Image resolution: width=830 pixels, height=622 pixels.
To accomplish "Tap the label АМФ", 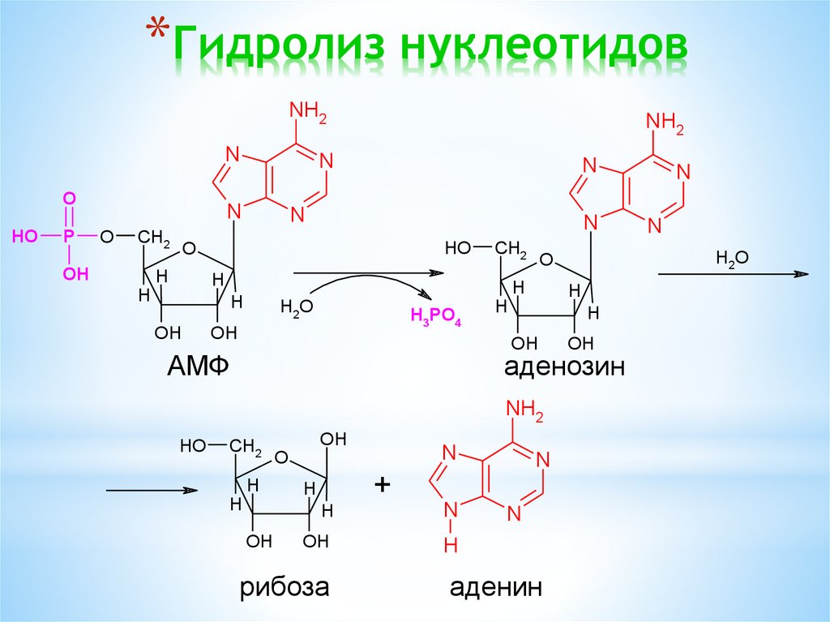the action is (x=198, y=367).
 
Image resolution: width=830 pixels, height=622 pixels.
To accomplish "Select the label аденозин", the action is (x=564, y=367).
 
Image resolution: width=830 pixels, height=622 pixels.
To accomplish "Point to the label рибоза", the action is (x=284, y=586).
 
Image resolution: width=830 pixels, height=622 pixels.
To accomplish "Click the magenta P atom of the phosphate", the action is (x=70, y=236).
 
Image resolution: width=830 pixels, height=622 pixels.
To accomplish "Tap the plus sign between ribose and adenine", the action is (x=382, y=485).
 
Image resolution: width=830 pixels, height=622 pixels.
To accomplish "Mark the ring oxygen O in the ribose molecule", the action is (x=281, y=458).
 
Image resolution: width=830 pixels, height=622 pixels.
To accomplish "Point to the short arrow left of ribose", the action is (x=152, y=491).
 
